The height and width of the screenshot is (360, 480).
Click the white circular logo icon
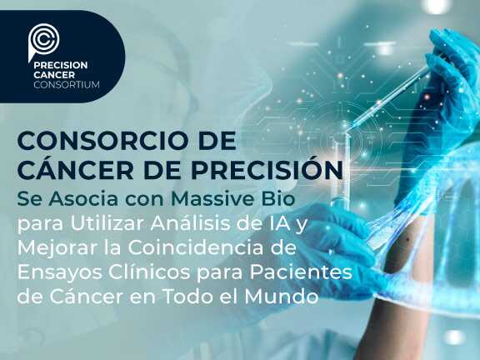click(43, 39)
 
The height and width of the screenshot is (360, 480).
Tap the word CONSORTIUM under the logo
click(65, 84)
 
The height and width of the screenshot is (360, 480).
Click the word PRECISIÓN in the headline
click(267, 169)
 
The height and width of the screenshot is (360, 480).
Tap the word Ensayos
click(57, 272)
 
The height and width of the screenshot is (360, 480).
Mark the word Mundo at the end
click(287, 297)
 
